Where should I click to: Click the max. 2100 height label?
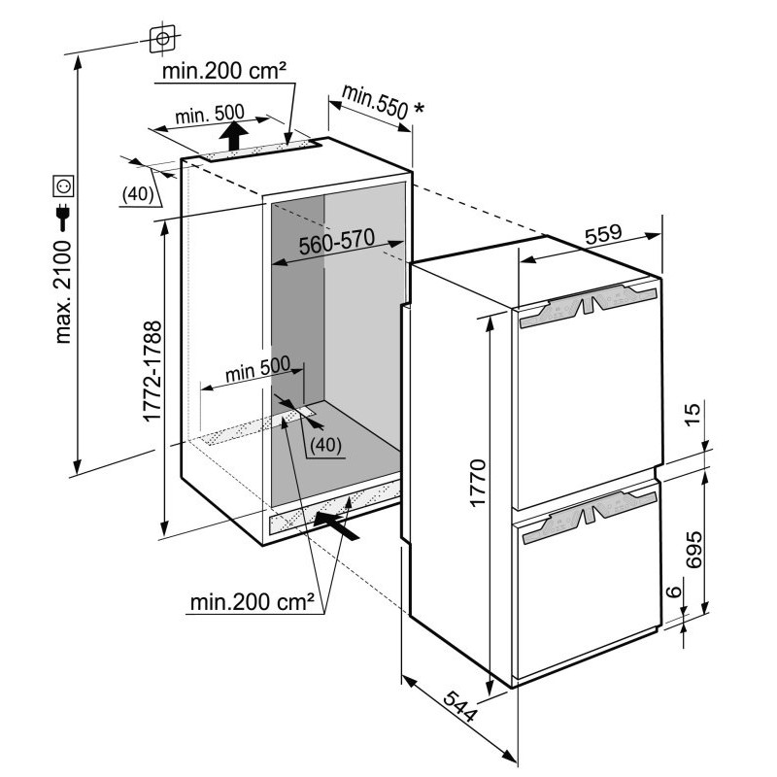(64, 291)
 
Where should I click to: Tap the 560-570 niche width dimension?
(337, 242)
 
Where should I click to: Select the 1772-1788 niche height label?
(152, 371)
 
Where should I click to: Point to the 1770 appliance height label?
(478, 483)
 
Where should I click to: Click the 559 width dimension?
(603, 234)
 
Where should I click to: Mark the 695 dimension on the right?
(693, 550)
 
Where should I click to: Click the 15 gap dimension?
(693, 414)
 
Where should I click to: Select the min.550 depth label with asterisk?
(383, 104)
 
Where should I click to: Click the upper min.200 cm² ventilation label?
(224, 71)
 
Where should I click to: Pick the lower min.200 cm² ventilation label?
(253, 602)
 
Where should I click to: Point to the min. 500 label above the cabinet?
(210, 115)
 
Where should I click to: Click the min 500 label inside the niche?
(257, 369)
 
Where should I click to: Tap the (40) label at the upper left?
(138, 194)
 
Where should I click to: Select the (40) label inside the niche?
(325, 445)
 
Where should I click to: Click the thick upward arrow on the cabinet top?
(233, 135)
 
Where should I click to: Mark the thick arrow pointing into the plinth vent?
(336, 526)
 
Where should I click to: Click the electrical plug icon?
(63, 217)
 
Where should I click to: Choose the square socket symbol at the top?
(162, 39)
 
